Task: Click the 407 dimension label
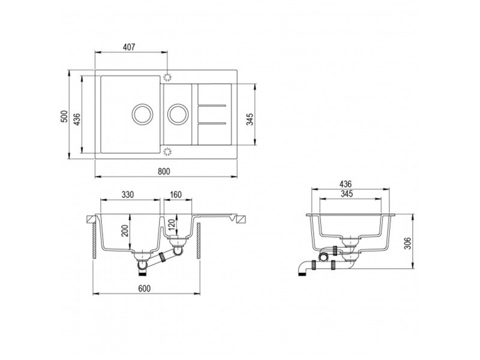point(129,47)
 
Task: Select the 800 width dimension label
point(164,172)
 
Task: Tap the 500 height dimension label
point(64,116)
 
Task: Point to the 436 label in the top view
point(77,119)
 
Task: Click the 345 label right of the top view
point(250,119)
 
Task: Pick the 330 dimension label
point(128,194)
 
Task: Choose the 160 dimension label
point(175,194)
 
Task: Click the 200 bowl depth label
point(125,230)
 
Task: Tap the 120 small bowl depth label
point(172,225)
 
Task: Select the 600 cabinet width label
point(144,289)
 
